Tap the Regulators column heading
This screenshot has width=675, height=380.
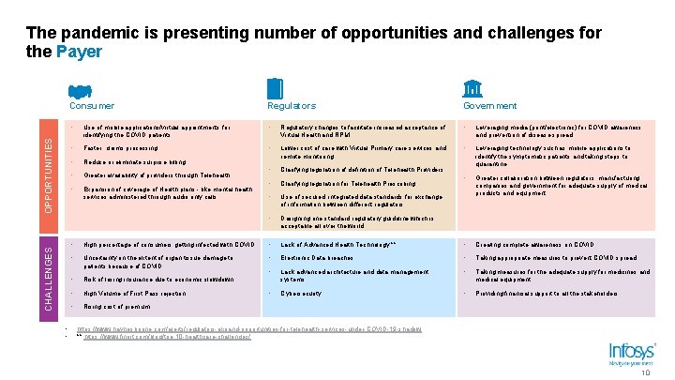click(x=292, y=106)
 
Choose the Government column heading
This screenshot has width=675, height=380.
click(x=489, y=106)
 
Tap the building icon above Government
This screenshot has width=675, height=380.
click(x=473, y=88)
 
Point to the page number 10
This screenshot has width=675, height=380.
click(x=644, y=372)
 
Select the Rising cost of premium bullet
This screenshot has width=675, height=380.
click(x=117, y=306)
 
